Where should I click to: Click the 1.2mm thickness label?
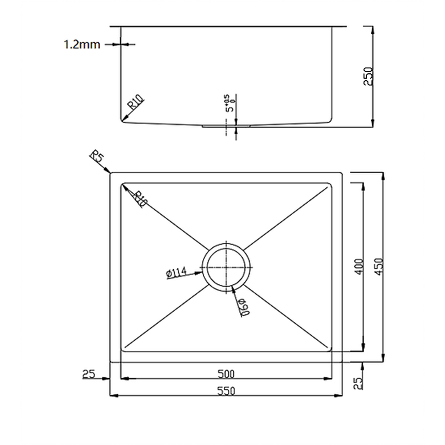point(82,44)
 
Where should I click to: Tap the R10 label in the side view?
point(136,102)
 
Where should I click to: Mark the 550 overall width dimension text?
point(226,391)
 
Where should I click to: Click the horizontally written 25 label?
point(89,374)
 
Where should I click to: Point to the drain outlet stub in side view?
point(226,126)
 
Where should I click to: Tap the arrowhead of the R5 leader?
point(109,171)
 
